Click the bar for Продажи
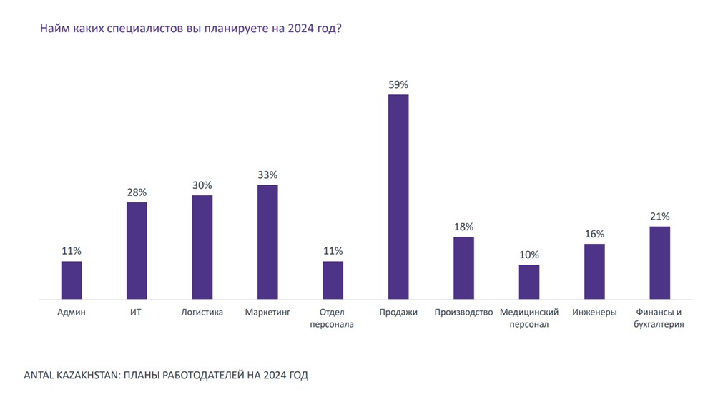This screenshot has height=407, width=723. (x=398, y=197)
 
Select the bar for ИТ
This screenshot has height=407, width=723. (x=137, y=250)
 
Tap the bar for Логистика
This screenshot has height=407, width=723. (x=202, y=247)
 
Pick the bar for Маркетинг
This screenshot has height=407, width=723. (x=267, y=242)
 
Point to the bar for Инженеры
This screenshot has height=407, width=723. (x=594, y=271)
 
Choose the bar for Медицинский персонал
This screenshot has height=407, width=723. (x=529, y=282)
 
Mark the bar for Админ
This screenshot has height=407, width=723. (x=72, y=280)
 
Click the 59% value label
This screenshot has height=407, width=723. (x=398, y=84)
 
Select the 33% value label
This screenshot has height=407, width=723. (x=267, y=175)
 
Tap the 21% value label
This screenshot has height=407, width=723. (x=660, y=216)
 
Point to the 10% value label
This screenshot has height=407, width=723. (x=529, y=255)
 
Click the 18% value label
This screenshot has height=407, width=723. (x=463, y=227)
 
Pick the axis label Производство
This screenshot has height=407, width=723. (x=463, y=313)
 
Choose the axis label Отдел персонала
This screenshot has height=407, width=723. (x=333, y=318)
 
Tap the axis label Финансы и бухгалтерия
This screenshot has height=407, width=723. (x=659, y=318)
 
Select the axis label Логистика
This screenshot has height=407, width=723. (x=202, y=313)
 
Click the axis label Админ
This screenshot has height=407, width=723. (x=72, y=313)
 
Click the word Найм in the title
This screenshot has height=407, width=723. (x=54, y=30)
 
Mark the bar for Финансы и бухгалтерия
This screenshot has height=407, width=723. (x=660, y=263)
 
